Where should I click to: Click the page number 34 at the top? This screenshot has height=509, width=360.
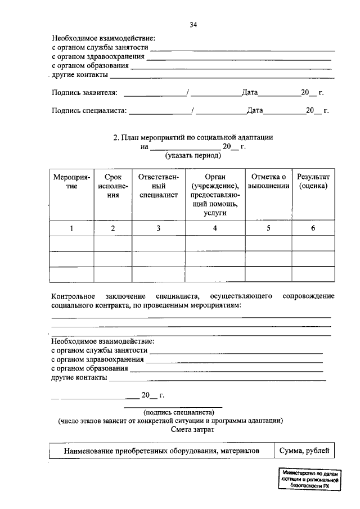pyautogui.click(x=193, y=25)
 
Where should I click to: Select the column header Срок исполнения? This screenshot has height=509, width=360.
pyautogui.click(x=112, y=186)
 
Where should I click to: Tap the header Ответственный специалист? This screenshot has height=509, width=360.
pyautogui.click(x=159, y=186)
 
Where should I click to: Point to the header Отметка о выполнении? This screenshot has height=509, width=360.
pyautogui.click(x=268, y=181)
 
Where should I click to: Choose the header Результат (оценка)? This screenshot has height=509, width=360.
pyautogui.click(x=313, y=181)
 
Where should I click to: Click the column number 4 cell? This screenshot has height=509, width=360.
pyautogui.click(x=215, y=228)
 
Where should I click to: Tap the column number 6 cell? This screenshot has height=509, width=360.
pyautogui.click(x=313, y=228)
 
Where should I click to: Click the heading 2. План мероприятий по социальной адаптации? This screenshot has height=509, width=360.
pyautogui.click(x=193, y=137)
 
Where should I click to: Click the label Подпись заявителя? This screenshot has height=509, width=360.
pyautogui.click(x=84, y=92)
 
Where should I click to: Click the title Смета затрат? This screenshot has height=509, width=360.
pyautogui.click(x=192, y=429)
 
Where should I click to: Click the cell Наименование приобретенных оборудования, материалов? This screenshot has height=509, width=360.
pyautogui.click(x=161, y=451)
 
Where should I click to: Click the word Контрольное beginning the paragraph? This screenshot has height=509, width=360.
pyautogui.click(x=73, y=296)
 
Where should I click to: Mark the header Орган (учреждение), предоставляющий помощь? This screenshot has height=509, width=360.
pyautogui.click(x=215, y=195)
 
